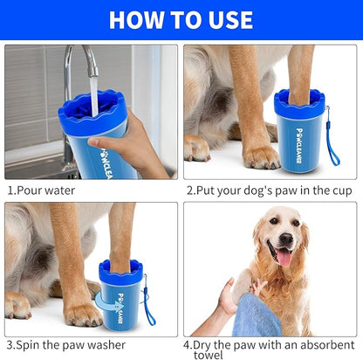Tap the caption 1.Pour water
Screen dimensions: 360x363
(x=41, y=190)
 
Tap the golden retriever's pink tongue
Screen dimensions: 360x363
(x=284, y=256)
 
